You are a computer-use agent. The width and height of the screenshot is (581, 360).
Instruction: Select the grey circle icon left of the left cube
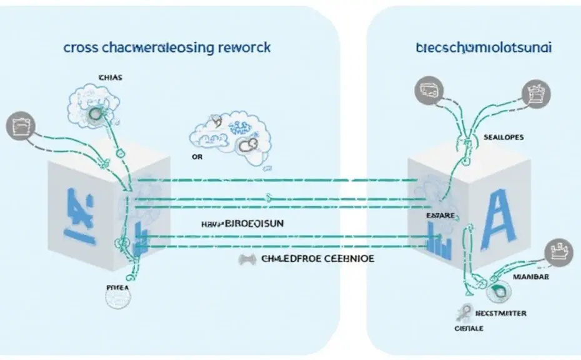pos(16,124)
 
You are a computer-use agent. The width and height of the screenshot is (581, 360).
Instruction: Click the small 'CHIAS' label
pos(111,77)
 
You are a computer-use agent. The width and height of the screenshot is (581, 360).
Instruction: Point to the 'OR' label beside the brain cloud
pos(197,157)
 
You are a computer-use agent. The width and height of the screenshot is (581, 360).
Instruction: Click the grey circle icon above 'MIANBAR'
pos(558,251)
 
